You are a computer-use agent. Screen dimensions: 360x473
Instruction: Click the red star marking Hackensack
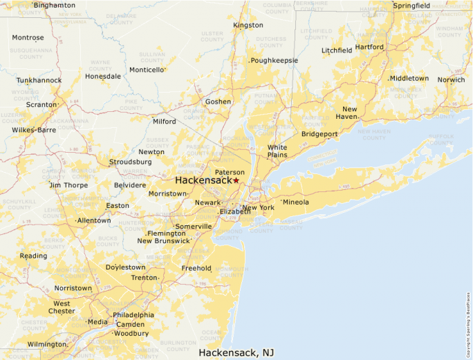[x=236, y=180]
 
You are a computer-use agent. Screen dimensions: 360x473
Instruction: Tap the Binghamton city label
[x=55, y=6]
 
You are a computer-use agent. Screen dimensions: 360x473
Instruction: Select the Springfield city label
[x=411, y=6]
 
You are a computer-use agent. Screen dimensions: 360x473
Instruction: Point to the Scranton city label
[x=41, y=104]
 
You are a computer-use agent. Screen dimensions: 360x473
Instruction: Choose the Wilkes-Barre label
[x=34, y=130]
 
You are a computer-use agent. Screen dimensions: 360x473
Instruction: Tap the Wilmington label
[x=47, y=344]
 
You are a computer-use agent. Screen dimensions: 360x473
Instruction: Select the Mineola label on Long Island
[x=296, y=202]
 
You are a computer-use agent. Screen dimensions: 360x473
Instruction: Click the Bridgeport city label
[x=319, y=134]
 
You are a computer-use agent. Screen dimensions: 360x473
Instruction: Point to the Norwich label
[x=451, y=79]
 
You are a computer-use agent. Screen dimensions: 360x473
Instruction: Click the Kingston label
[x=248, y=26]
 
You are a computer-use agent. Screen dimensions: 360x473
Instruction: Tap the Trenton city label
[x=145, y=278]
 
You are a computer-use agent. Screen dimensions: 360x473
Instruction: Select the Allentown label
[x=93, y=220]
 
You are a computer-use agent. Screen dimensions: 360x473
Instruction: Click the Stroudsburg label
[x=130, y=162]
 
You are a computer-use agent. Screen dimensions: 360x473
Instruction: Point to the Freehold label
[x=196, y=268]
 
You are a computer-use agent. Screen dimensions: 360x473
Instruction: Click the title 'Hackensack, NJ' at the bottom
[x=236, y=352]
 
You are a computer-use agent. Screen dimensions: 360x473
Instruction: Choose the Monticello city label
[x=147, y=70]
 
